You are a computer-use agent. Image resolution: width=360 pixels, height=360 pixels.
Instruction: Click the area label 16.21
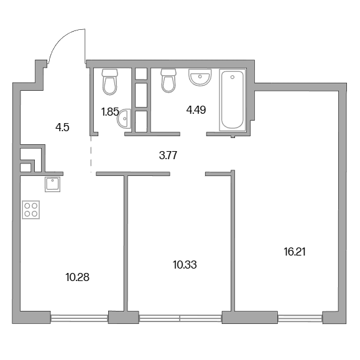pyautogui.click(x=295, y=252)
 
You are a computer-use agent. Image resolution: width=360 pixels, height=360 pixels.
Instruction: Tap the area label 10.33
pyautogui.click(x=185, y=265)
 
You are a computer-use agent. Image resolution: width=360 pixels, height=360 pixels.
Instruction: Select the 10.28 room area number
pyautogui.click(x=77, y=277)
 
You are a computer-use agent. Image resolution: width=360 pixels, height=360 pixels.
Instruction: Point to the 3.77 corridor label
pyautogui.click(x=168, y=155)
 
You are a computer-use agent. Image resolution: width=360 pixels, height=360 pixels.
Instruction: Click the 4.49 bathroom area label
pyautogui.click(x=196, y=110)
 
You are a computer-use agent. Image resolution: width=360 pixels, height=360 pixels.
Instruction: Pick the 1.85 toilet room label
pyautogui.click(x=110, y=112)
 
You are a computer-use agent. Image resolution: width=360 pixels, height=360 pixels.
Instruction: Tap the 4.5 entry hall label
pyautogui.click(x=62, y=127)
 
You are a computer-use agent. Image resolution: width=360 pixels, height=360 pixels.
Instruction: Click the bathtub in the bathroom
pyautogui.click(x=233, y=100)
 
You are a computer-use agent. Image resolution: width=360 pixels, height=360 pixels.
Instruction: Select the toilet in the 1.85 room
pyautogui.click(x=110, y=82)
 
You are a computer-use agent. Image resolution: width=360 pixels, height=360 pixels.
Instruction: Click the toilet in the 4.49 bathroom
pyautogui.click(x=168, y=81)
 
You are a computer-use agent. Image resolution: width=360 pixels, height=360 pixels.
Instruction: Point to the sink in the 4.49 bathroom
pyautogui.click(x=200, y=77)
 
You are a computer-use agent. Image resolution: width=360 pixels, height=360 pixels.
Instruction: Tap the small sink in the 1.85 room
pyautogui.click(x=124, y=119)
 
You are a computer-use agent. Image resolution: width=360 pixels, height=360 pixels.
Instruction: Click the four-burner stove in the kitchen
pyautogui.click(x=31, y=210)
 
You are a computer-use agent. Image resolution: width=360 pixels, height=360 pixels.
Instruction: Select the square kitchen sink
pyautogui.click(x=53, y=184)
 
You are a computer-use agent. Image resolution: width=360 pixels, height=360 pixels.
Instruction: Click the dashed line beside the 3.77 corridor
pyautogui.click(x=91, y=154)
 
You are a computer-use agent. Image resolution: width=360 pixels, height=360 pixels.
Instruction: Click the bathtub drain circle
pyautogui.click(x=233, y=77)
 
